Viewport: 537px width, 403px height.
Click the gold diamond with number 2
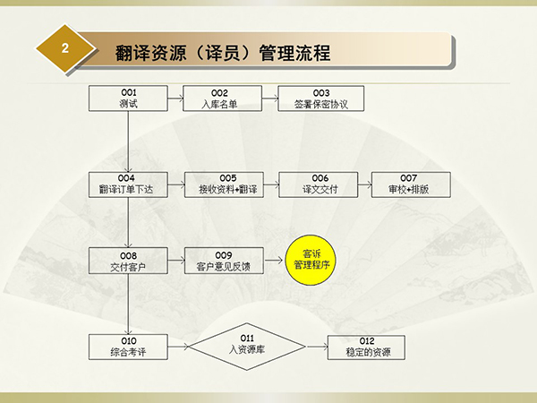[65, 48]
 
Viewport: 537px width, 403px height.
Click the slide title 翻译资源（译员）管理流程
[223, 53]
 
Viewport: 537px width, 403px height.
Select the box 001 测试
[128, 99]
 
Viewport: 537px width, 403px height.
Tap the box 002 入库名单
[222, 99]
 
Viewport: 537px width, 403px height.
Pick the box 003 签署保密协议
[321, 99]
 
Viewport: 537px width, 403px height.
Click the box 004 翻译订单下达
[128, 184]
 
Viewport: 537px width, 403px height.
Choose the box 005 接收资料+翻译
[224, 184]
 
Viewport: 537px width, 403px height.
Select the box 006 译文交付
[319, 184]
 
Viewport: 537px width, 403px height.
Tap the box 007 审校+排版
[411, 184]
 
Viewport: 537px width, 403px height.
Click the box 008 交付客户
[128, 261]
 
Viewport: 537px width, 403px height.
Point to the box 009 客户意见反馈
[224, 261]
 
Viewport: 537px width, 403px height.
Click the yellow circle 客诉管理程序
[311, 260]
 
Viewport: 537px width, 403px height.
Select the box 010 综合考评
[128, 347]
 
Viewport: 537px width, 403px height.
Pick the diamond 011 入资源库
[247, 347]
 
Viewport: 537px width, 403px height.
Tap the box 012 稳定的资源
[366, 347]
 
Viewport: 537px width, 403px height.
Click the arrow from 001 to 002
[175, 99]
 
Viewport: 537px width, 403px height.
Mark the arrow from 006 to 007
[365, 184]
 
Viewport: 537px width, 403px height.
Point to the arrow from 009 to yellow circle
[273, 261]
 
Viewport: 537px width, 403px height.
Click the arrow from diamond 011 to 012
[317, 347]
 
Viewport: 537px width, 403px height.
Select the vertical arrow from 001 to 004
[128, 141]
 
